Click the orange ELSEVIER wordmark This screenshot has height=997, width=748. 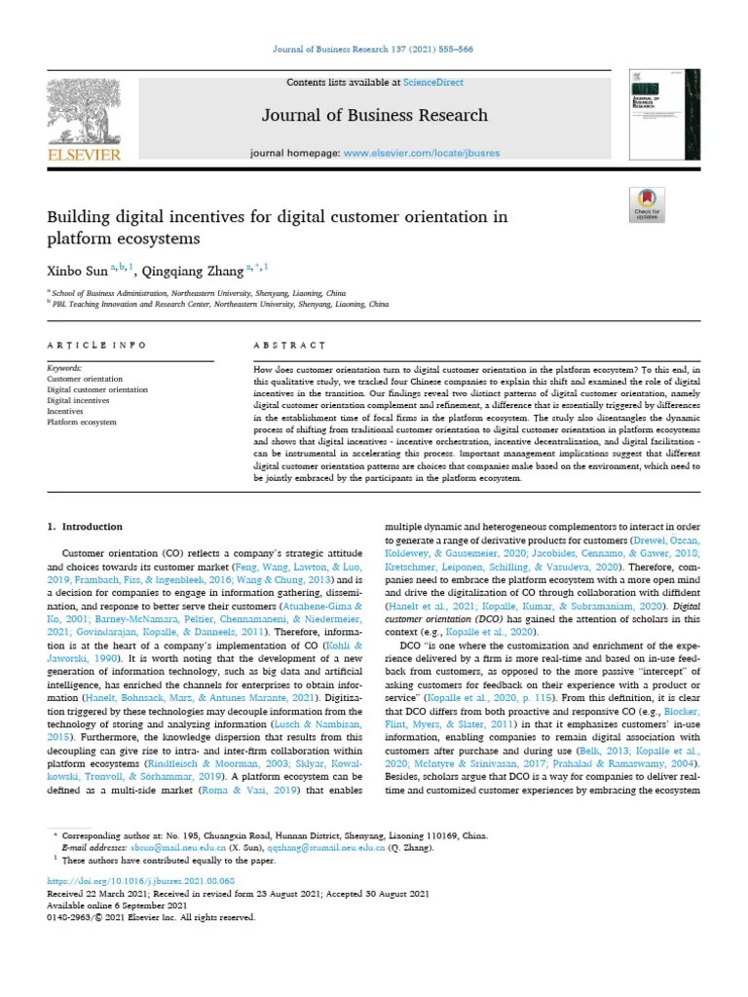(x=85, y=155)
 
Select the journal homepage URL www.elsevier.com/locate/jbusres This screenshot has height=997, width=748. (x=422, y=154)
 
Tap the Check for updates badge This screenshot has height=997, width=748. (x=647, y=206)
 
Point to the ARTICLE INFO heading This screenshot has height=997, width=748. (x=97, y=346)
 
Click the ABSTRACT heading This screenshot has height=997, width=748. (x=289, y=346)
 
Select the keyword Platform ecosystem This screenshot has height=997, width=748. (x=82, y=422)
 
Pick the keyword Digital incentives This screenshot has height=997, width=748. (x=79, y=400)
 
